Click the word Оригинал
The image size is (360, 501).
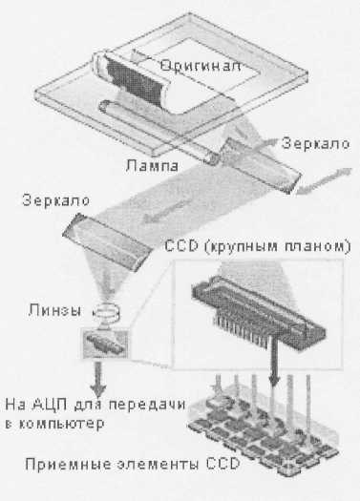[201, 66]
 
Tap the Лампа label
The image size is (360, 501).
[152, 165]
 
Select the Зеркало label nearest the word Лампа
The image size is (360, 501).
[315, 143]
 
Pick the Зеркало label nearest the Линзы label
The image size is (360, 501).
[56, 200]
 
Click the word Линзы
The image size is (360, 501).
[54, 310]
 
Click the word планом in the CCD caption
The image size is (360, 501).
[316, 246]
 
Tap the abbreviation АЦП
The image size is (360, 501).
[50, 405]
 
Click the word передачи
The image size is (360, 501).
[147, 405]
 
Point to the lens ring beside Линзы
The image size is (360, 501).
[106, 313]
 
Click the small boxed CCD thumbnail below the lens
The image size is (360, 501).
[105, 344]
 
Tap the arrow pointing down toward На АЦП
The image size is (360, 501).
[98, 379]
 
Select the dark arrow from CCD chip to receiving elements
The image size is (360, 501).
[274, 359]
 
